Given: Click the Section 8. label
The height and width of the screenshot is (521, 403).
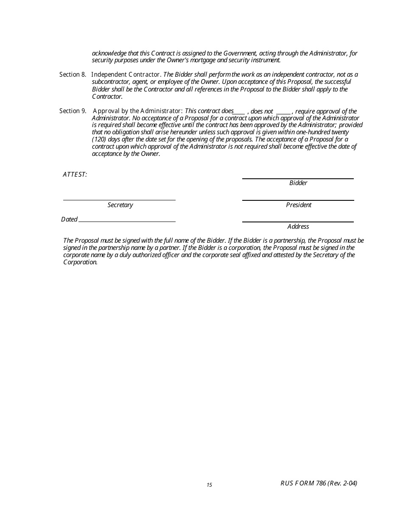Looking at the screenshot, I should [73, 75].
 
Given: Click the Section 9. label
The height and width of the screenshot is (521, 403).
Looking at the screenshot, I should [73, 111].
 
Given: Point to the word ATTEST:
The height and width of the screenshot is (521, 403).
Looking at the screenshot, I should [75, 175].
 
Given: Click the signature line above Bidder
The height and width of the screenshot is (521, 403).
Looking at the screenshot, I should [298, 178].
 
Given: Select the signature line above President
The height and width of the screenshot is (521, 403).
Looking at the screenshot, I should [298, 200].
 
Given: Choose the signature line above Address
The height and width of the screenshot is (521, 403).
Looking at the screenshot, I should [298, 222].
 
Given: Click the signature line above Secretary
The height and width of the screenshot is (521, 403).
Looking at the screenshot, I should [119, 200].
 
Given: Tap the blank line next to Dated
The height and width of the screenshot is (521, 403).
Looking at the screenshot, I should [127, 221].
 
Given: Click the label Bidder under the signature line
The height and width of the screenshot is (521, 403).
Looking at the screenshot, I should [298, 183].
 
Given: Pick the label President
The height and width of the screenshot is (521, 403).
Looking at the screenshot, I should [299, 205].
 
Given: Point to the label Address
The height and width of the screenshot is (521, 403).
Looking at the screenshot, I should [298, 227].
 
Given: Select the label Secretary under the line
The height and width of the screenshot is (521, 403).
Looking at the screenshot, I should [120, 205].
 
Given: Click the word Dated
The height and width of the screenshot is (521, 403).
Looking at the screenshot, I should [69, 219].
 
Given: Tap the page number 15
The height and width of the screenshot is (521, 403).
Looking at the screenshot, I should [209, 485].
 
